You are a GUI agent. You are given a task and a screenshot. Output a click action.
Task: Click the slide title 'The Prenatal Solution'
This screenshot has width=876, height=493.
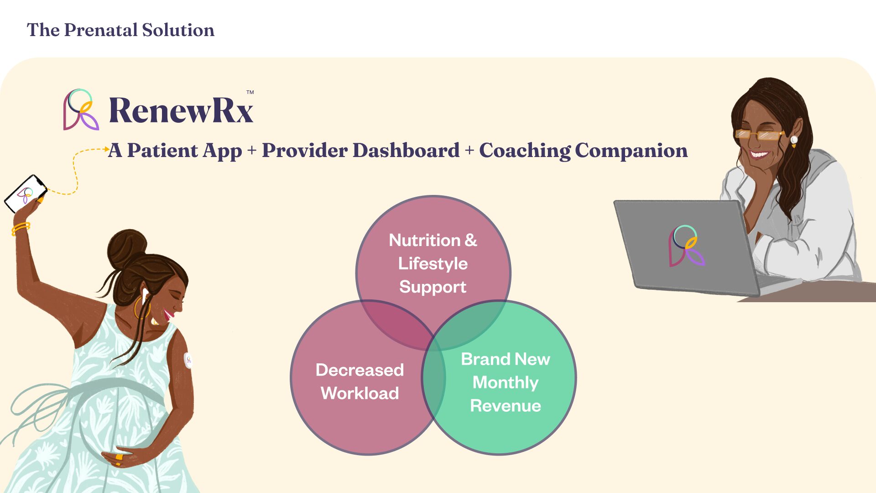120,30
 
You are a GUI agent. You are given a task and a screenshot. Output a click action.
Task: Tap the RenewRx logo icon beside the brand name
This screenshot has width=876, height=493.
81,110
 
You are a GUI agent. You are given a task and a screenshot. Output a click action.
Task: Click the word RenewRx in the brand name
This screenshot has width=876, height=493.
181,110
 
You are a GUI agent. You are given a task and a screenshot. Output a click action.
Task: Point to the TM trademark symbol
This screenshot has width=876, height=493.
250,92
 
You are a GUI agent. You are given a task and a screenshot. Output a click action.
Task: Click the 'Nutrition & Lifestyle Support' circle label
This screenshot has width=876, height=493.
433,263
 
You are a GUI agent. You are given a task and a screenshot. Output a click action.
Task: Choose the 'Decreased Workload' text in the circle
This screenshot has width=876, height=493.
360,382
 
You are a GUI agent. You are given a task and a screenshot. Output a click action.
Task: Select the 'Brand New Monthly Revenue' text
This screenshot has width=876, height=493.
506,383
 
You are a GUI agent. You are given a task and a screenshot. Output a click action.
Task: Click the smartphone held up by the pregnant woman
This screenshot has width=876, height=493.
26,194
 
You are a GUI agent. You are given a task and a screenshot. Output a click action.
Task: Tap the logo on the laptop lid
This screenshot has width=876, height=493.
686,246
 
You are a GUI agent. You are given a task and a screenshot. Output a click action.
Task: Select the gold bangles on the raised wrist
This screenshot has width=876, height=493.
21,228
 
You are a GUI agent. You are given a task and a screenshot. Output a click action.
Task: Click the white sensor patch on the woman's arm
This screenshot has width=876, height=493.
188,360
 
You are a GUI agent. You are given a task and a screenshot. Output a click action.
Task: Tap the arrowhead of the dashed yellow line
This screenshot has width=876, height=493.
107,149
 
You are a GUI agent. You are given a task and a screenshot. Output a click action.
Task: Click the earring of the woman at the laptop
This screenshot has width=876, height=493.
794,141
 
